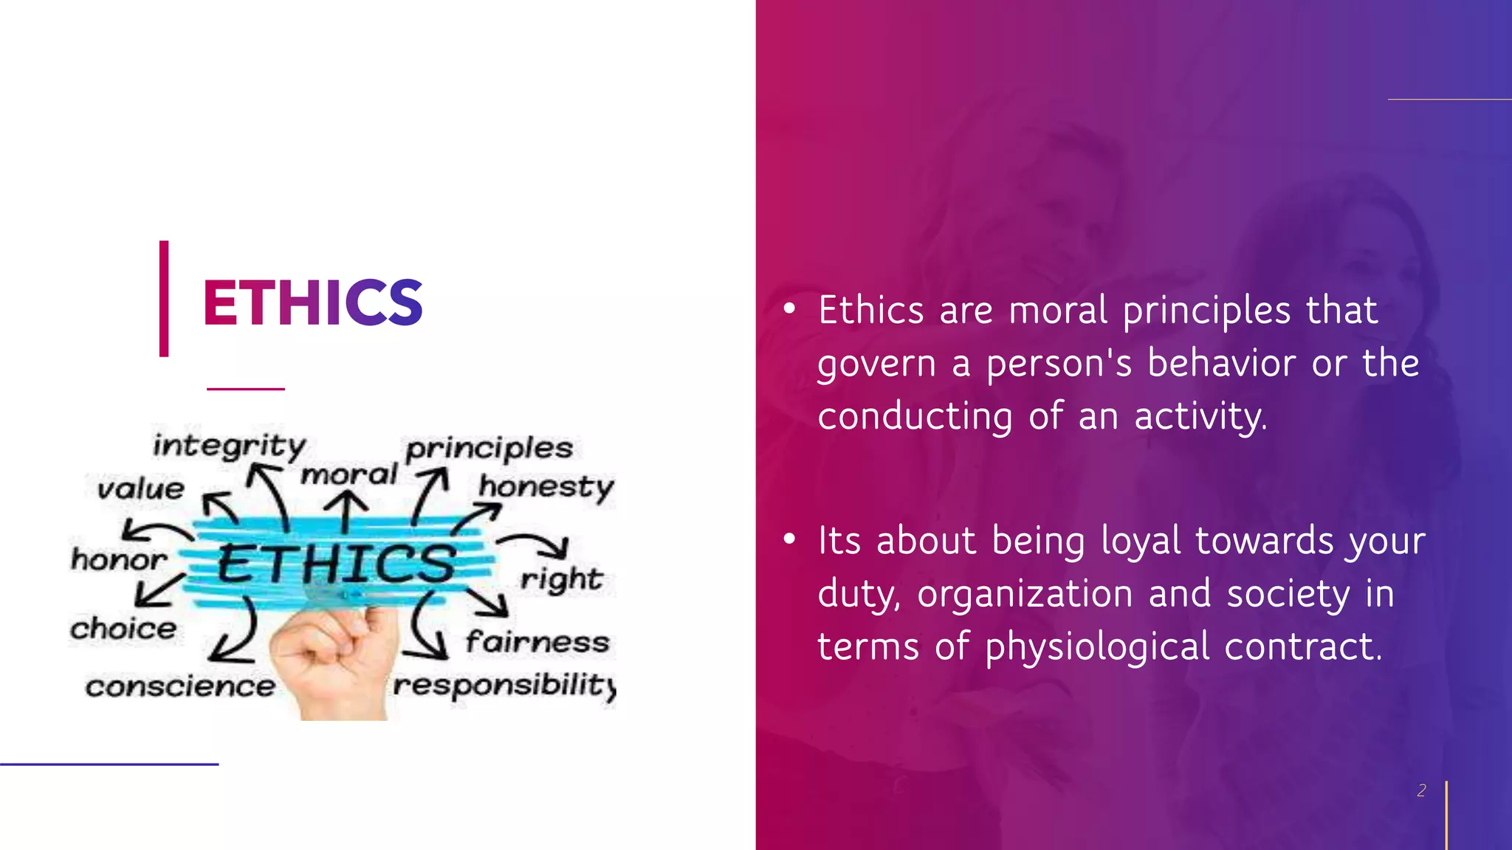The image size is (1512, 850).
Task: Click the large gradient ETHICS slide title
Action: click(312, 303)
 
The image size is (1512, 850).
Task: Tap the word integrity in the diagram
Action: click(229, 446)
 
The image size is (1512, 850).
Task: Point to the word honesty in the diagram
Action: click(546, 487)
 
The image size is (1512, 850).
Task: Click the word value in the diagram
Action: click(141, 488)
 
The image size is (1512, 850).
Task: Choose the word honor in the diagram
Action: click(119, 559)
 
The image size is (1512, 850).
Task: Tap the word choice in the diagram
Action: click(123, 629)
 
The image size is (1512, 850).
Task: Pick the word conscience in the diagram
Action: click(180, 686)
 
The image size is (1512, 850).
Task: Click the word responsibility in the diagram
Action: click(504, 685)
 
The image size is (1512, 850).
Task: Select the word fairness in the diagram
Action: click(537, 641)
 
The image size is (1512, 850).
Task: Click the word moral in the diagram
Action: click(349, 474)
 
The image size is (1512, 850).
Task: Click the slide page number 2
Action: click(1421, 790)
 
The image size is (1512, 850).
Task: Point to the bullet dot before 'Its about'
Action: click(789, 539)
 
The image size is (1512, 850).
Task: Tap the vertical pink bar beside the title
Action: click(164, 299)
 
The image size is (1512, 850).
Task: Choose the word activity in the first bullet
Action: click(1200, 417)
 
